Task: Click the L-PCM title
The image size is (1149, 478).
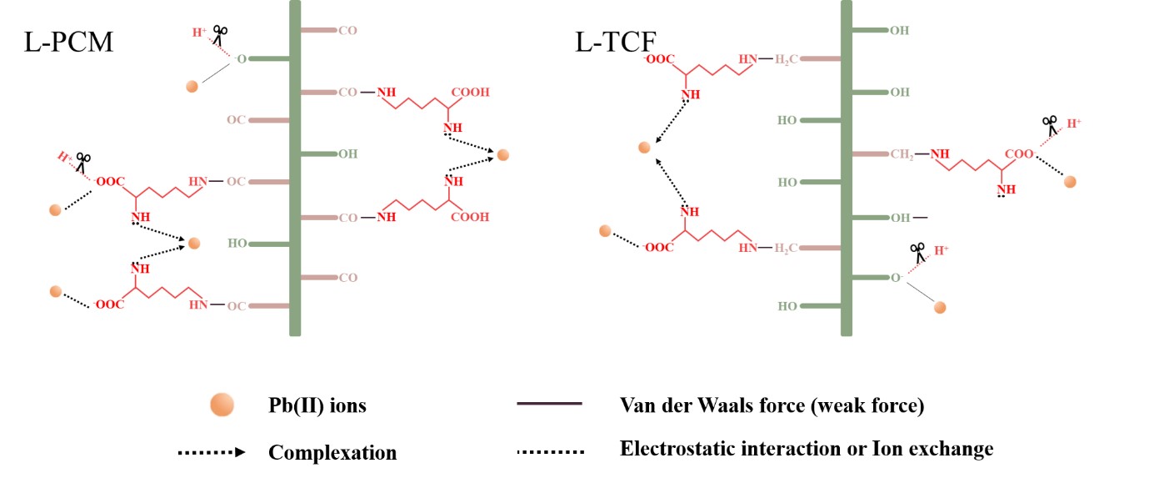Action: tap(69, 42)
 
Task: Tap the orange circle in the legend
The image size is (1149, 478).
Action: tap(222, 406)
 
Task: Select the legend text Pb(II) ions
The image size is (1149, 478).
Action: tap(317, 407)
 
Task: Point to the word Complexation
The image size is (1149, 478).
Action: tap(332, 453)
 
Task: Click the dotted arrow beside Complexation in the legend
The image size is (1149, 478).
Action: tap(212, 452)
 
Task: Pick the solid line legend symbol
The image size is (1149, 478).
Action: tap(549, 405)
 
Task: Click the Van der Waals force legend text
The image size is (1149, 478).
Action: tap(772, 406)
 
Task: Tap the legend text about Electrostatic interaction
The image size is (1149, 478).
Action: tap(807, 449)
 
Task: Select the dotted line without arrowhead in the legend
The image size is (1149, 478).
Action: tap(550, 451)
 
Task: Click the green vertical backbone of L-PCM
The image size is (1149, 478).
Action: tap(294, 167)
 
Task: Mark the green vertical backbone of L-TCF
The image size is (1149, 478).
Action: tap(847, 167)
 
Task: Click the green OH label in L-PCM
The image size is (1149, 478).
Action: tap(347, 153)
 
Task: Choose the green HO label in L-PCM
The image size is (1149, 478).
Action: tap(238, 244)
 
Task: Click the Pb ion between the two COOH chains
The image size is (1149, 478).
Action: tap(502, 154)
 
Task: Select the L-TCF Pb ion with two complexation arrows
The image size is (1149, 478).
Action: tap(643, 148)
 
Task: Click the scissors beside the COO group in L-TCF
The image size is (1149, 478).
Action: tap(1049, 125)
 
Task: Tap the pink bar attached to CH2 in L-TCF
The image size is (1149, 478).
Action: tap(869, 153)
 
